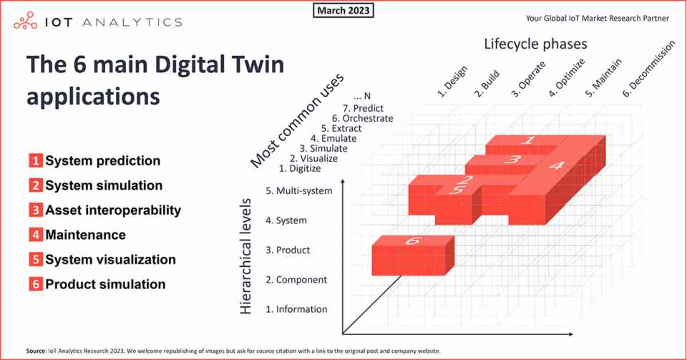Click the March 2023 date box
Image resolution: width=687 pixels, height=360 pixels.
point(343,10)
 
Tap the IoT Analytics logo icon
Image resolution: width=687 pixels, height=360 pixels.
point(26,21)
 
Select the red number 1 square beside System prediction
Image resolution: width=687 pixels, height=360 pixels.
point(36,161)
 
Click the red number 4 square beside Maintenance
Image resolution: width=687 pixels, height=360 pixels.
point(36,235)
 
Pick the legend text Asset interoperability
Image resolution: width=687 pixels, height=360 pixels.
point(113,210)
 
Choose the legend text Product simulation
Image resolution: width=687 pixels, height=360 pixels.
point(105,284)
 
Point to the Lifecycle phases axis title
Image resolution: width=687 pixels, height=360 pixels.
point(535,44)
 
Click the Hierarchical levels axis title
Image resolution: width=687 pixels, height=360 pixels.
point(245,256)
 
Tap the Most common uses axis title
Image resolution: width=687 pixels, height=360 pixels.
point(297,122)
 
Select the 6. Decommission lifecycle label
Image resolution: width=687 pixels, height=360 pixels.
point(649,69)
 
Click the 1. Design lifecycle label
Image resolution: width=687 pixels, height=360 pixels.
point(452,82)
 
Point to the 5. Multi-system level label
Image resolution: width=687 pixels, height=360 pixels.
point(299,191)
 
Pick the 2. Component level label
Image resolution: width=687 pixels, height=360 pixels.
point(296,280)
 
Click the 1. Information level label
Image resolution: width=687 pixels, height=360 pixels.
point(296,309)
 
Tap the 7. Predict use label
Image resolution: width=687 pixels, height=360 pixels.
point(363,108)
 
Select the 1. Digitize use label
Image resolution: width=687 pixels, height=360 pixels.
point(300,169)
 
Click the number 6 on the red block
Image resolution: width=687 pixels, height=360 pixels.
point(413,241)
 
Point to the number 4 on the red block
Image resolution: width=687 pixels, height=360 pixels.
point(557,165)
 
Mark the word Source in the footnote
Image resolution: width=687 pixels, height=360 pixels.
point(36,351)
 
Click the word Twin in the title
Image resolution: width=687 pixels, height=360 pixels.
point(258,64)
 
